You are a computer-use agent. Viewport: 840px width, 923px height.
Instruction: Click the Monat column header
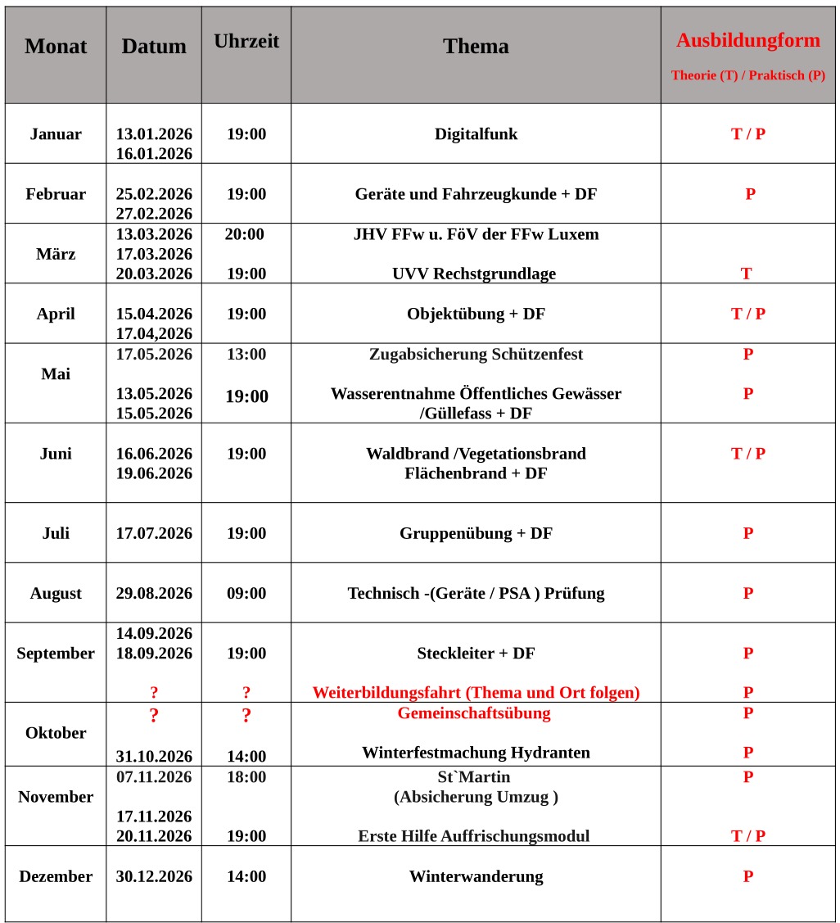pos(56,47)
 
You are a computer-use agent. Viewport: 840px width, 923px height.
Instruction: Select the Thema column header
pos(476,47)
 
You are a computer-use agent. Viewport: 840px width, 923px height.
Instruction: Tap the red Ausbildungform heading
pos(747,40)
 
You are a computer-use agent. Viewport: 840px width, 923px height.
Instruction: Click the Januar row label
pos(56,134)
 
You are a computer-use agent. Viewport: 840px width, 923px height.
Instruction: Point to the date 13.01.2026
pos(154,134)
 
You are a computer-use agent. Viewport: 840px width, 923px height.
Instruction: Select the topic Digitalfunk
pos(476,134)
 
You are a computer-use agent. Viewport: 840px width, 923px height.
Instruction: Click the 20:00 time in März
pos(245,234)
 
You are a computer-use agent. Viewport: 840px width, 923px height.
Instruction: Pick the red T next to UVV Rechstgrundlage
pos(746,274)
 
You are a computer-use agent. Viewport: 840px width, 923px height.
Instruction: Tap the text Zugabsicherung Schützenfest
pos(476,354)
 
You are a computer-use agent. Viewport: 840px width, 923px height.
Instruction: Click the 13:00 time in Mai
pos(246,354)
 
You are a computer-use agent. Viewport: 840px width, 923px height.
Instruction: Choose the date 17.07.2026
pos(154,533)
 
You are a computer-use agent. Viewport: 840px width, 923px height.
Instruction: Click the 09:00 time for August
pos(246,593)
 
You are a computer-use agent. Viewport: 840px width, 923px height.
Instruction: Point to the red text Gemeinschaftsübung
pos(474,713)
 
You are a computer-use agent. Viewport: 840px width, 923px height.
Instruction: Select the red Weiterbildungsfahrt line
pos(476,693)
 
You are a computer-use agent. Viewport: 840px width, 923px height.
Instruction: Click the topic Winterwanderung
pos(476,876)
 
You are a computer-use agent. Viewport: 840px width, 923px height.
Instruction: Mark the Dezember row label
pos(56,876)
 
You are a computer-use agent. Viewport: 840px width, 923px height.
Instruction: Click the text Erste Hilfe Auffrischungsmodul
pos(473,836)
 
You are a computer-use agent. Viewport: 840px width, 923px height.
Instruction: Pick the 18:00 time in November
pos(246,776)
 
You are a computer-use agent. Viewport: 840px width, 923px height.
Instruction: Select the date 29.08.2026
pos(154,593)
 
